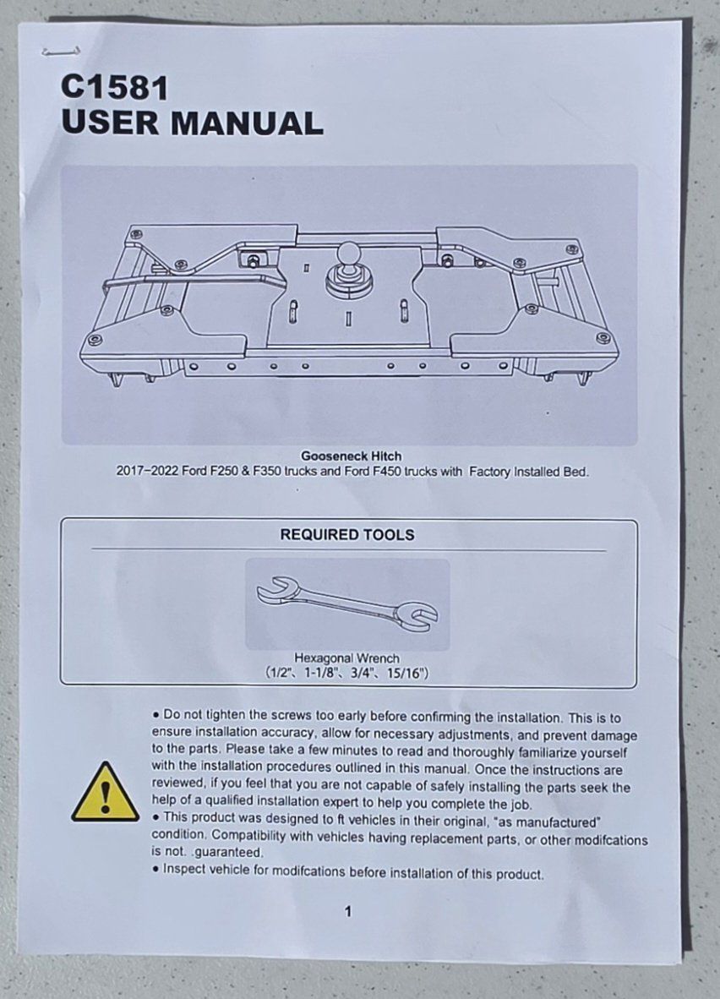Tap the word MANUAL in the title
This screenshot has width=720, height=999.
pyautogui.click(x=247, y=123)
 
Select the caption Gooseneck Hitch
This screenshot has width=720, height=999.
pyautogui.click(x=351, y=456)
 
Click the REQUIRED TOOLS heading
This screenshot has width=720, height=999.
pyautogui.click(x=347, y=534)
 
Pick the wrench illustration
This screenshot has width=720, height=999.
pyautogui.click(x=347, y=604)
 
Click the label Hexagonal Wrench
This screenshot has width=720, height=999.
pyautogui.click(x=346, y=658)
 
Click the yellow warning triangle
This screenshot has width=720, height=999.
pyautogui.click(x=105, y=792)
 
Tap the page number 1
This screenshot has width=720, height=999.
pyautogui.click(x=347, y=912)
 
